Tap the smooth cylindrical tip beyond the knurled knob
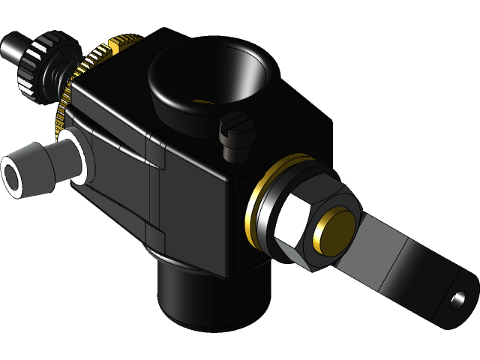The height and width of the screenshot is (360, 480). (x=11, y=48)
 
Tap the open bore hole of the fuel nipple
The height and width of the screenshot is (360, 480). (x=13, y=180)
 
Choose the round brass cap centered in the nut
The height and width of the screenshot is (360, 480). (x=336, y=229)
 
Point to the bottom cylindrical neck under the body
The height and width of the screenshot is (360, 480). (x=210, y=296)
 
